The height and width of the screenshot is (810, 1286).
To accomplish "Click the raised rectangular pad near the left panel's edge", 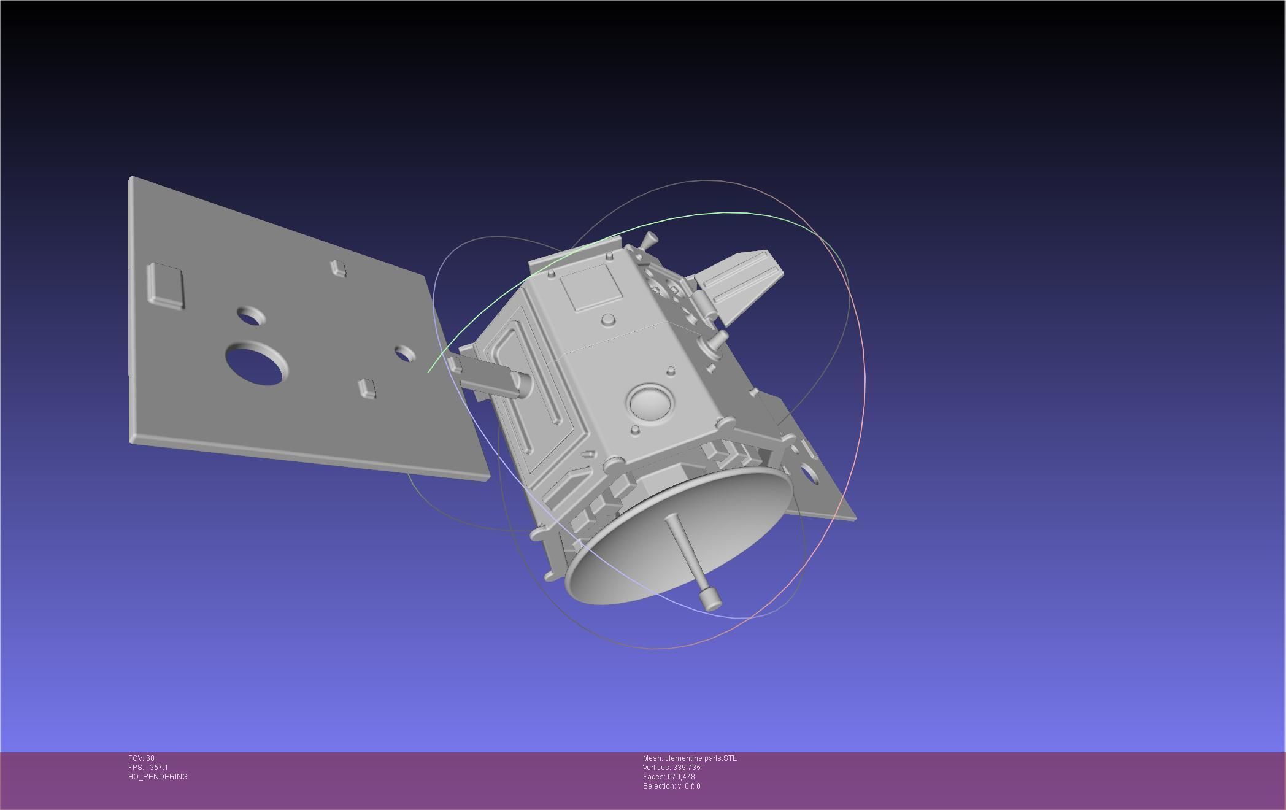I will click(x=166, y=285).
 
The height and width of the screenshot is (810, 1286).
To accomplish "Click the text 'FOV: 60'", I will click(x=141, y=758).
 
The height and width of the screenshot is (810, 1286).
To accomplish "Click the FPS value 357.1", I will click(x=158, y=768).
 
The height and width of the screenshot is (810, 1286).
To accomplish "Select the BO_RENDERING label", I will click(x=158, y=777).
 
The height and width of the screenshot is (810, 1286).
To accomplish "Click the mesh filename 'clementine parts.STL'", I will click(x=701, y=758).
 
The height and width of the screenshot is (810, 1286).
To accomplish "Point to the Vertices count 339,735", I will click(x=686, y=768).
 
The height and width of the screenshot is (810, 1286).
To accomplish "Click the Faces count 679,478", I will click(x=681, y=777).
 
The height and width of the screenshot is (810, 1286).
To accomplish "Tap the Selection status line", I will click(x=671, y=786).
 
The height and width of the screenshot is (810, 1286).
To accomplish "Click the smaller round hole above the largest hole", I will click(x=251, y=317).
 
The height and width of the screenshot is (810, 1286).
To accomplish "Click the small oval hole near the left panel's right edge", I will click(x=404, y=354).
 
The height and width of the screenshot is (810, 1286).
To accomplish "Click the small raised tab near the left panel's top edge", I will click(x=338, y=268).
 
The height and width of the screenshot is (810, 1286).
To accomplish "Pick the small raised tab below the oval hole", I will click(x=366, y=388).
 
